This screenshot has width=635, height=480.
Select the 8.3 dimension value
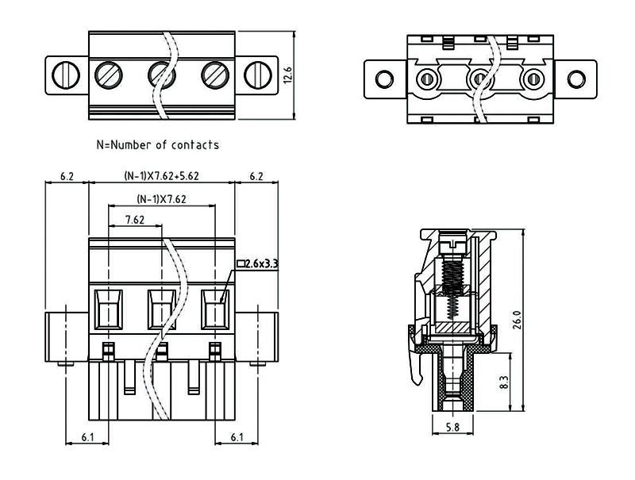click(503, 382)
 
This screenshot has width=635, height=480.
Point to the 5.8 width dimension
click(451, 428)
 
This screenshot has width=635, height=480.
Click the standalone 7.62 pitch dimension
click(134, 220)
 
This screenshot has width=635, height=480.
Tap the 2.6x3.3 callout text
click(262, 263)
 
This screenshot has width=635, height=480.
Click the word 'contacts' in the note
click(193, 145)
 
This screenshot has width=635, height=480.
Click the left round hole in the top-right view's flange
click(384, 79)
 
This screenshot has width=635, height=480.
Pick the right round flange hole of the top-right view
click(575, 79)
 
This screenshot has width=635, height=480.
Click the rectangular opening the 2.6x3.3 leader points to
click(215, 309)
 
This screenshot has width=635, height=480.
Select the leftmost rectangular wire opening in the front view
click(109, 309)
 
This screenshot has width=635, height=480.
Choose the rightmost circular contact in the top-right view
click(530, 79)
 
